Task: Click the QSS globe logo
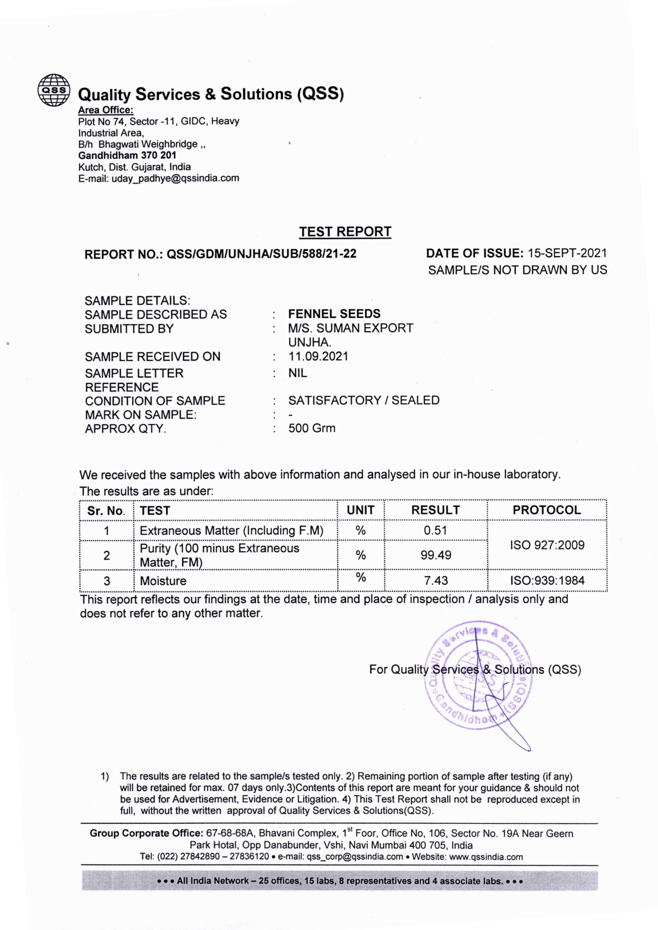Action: pos(53,90)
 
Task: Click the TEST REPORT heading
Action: pos(345,232)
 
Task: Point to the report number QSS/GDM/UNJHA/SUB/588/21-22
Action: pos(261,254)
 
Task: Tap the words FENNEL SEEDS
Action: pos(334,314)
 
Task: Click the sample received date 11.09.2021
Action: pos(318,356)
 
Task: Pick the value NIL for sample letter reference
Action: pos(298,373)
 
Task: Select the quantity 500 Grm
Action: pos(312,428)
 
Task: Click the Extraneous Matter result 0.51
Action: pos(435,531)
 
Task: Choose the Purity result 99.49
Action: pos(436,555)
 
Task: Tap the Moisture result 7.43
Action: pos(436,581)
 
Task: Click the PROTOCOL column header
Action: pos(546,510)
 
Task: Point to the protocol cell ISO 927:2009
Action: pos(547,545)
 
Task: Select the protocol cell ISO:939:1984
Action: pos(547,581)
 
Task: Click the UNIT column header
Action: pos(360,510)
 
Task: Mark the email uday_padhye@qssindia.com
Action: pos(175,178)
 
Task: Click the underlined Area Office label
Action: pos(106,110)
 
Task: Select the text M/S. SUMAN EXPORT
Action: pos(351,328)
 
